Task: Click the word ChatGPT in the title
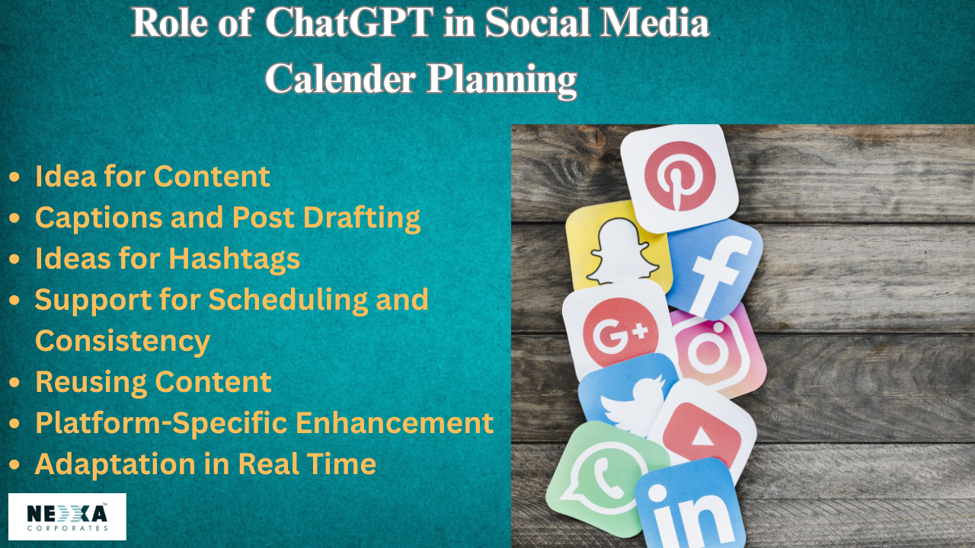350,22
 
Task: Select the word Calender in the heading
340,79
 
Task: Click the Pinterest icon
679,177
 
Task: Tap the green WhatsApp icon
604,479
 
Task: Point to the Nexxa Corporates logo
68,517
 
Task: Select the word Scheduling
288,300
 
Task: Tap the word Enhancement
395,422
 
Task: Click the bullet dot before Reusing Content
14,382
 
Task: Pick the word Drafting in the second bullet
362,218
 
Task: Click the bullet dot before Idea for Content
14,177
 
